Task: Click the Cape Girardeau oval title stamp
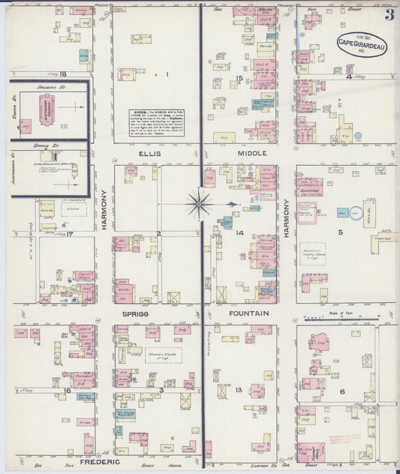click(362, 44)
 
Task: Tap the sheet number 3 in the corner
click(389, 13)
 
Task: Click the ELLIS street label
click(149, 154)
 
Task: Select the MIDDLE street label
click(251, 153)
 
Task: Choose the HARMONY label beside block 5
click(286, 219)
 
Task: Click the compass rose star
click(200, 202)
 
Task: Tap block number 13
click(238, 390)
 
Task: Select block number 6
click(341, 391)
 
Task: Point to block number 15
click(239, 78)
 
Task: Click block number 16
click(67, 390)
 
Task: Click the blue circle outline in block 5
click(356, 213)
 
